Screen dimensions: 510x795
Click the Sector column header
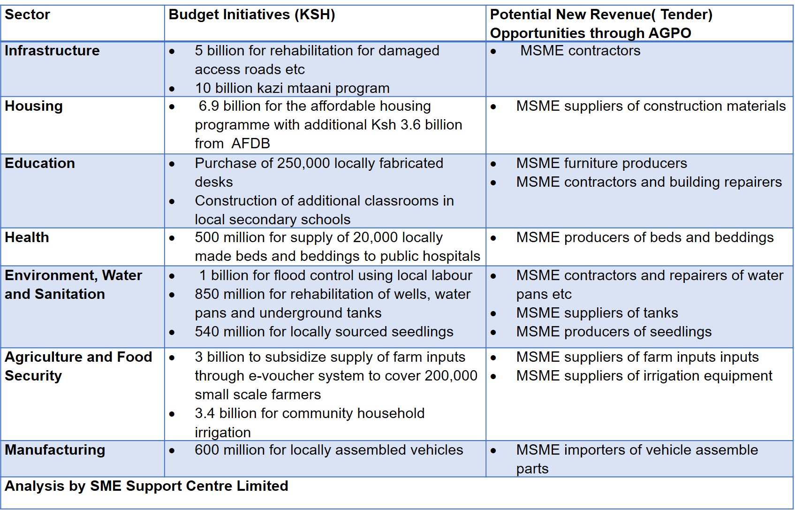click(27, 15)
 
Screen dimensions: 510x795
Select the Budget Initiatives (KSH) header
click(251, 15)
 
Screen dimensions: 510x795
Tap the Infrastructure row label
click(52, 51)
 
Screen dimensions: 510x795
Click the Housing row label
click(34, 106)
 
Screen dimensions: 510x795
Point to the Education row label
click(40, 163)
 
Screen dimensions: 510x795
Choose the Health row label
click(27, 237)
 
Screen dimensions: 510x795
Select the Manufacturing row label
click(55, 450)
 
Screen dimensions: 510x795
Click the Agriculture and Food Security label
click(78, 366)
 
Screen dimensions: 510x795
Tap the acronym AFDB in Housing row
click(250, 144)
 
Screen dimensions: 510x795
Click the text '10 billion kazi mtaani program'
click(292, 88)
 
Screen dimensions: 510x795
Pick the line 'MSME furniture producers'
click(601, 163)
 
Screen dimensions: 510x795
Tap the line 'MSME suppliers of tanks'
click(597, 313)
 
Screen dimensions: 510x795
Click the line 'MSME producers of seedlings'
click(613, 332)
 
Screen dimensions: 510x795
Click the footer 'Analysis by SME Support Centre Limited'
click(146, 486)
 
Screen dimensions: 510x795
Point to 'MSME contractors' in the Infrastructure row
click(580, 51)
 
